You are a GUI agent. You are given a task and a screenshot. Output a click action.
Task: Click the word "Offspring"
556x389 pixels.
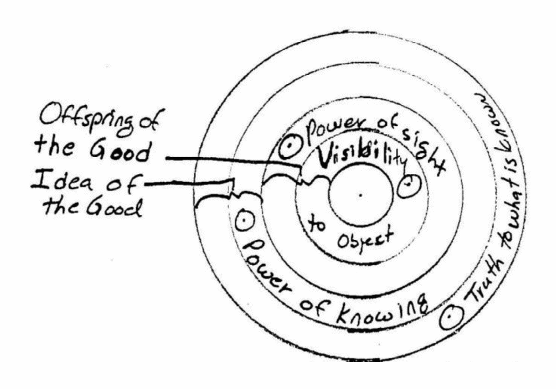[x=85, y=122]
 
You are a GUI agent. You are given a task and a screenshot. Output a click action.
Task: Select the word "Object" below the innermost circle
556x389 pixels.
[x=365, y=239]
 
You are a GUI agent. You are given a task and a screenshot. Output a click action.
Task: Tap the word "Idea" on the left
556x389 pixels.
[x=62, y=182]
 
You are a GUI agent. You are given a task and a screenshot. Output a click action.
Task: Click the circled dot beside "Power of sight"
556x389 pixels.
[x=290, y=147]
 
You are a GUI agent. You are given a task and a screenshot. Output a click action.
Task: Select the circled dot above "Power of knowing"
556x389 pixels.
[x=245, y=220]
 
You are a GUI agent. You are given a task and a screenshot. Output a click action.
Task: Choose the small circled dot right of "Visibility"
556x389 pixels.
[x=409, y=186]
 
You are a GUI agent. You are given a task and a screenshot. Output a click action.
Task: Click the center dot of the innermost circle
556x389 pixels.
[x=361, y=194]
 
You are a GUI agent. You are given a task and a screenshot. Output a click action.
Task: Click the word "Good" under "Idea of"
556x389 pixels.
[x=114, y=207]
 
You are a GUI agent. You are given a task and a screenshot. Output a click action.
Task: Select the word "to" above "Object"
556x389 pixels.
[x=316, y=225]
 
